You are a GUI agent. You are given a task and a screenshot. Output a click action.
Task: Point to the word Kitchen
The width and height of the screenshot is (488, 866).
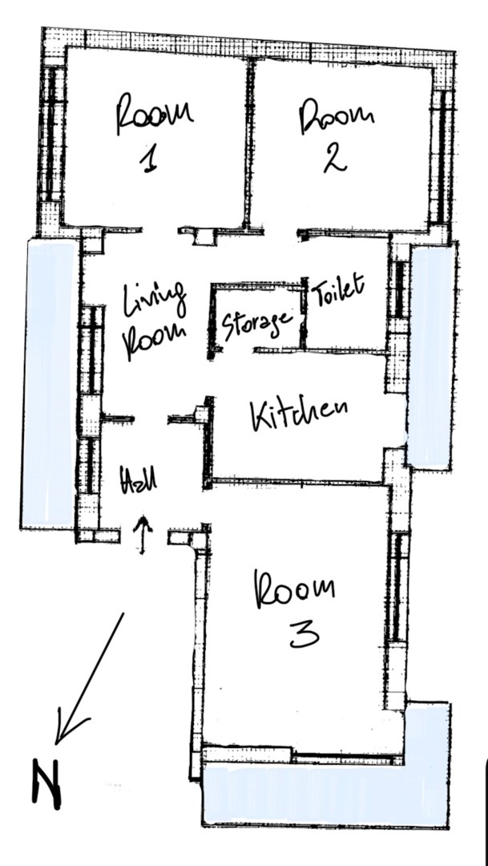coord(299,415)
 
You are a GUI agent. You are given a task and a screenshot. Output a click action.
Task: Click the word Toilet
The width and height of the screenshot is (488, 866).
coord(338,289)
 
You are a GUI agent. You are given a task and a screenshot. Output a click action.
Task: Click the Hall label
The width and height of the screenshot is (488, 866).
coord(139,479)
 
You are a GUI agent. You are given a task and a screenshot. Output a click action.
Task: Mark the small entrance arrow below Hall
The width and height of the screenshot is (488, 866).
coord(143,535)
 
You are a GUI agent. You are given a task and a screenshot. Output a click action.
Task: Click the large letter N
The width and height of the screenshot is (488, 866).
coord(46,783)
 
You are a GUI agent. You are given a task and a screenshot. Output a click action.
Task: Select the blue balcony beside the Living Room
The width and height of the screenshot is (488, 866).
coord(49,384)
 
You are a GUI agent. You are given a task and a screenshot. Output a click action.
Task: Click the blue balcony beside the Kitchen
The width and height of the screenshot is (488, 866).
coord(432,357)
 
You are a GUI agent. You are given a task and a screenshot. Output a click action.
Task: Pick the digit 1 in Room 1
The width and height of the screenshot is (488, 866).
coord(148,159)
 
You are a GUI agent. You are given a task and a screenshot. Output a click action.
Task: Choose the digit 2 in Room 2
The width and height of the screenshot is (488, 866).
coord(334,158)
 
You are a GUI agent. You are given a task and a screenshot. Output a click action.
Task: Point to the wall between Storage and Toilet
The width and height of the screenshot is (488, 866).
coord(303,314)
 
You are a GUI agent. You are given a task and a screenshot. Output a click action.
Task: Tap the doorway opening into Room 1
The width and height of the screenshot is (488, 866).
coord(159,229)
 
